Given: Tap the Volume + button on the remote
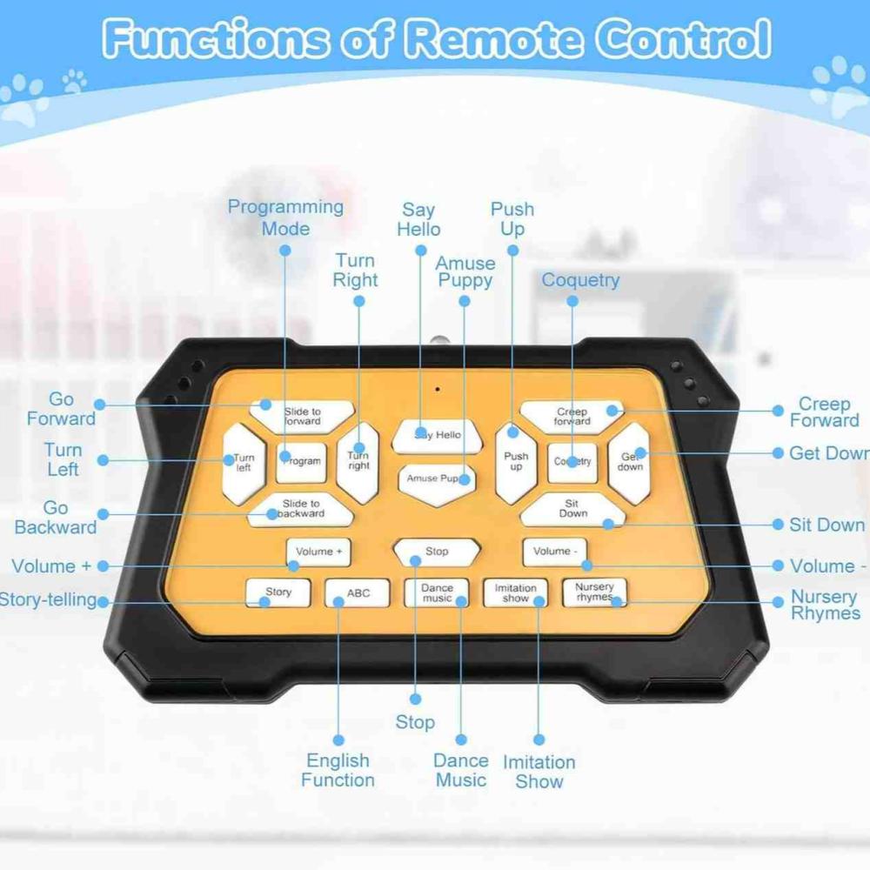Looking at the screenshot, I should click(x=318, y=552).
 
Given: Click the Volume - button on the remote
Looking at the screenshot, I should click(x=554, y=552).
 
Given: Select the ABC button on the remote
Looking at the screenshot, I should click(x=358, y=593).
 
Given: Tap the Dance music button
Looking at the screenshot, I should click(x=437, y=593).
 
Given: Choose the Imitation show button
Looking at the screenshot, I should click(x=515, y=593).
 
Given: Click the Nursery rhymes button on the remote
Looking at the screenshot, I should click(x=594, y=592).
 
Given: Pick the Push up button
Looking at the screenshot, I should click(x=516, y=462).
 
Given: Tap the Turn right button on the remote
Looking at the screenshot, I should click(x=358, y=461).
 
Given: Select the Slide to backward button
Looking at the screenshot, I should click(x=301, y=509).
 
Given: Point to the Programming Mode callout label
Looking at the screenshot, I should click(x=285, y=217).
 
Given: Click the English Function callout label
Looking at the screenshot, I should click(x=338, y=770).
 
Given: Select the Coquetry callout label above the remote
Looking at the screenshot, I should click(x=580, y=280).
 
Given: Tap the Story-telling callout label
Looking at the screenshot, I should click(x=48, y=599).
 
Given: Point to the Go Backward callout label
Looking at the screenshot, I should click(x=56, y=517).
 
